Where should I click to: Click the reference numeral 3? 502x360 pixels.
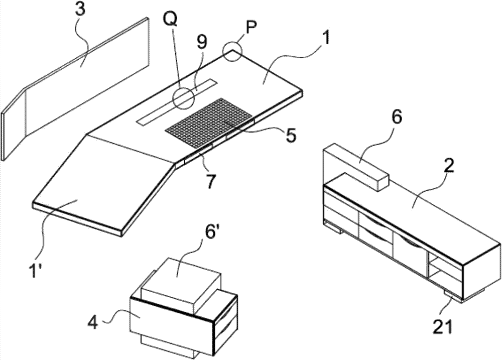tap(80, 10)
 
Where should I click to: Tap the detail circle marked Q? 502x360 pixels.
tap(183, 98)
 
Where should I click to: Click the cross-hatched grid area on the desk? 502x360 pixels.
tap(209, 123)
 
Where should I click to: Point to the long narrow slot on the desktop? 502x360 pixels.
tap(177, 101)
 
